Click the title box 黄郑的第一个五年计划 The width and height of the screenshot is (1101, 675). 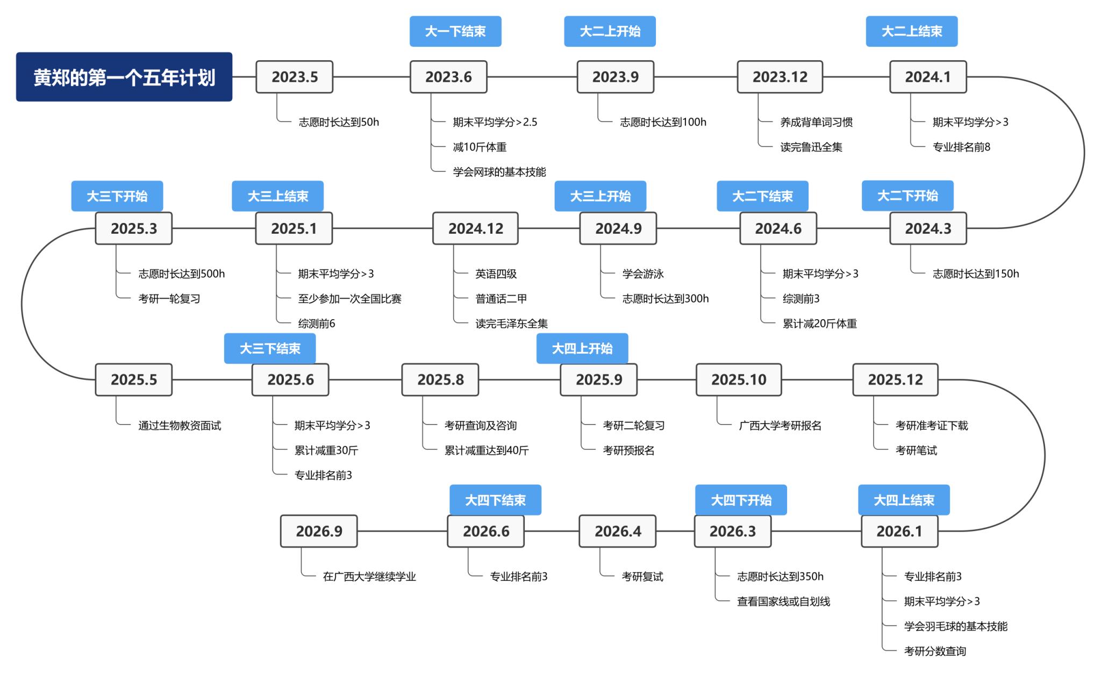point(124,77)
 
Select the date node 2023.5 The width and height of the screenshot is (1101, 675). point(294,77)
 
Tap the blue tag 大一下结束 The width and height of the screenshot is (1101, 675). point(455,31)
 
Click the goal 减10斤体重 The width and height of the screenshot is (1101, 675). point(480,147)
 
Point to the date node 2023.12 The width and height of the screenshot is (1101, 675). point(780,77)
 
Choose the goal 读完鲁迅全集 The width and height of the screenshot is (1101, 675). point(811,147)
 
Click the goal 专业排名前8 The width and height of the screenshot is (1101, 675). point(961,147)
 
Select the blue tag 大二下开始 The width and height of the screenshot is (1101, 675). point(907,196)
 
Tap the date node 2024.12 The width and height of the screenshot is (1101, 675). point(475,228)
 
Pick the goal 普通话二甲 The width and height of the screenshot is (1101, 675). point(501,298)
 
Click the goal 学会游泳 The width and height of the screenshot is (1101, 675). point(643,274)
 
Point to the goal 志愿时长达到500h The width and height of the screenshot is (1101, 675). point(182,274)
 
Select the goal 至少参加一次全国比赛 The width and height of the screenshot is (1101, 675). point(349,298)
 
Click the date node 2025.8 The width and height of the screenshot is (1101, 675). point(440,379)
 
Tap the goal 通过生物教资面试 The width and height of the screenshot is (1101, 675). point(180,425)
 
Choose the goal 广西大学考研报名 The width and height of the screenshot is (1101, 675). point(780,425)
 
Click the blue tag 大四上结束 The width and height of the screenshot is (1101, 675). point(904,500)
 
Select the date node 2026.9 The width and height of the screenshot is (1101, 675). point(319,531)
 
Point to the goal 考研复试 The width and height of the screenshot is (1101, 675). point(642,576)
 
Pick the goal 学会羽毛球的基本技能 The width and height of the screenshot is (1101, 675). point(955,626)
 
